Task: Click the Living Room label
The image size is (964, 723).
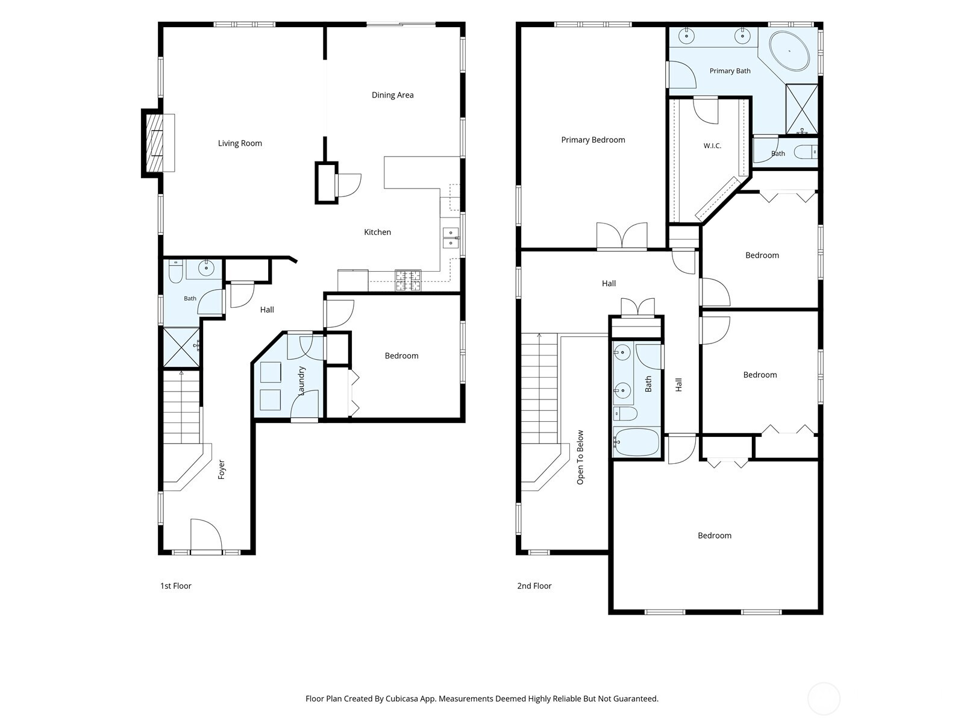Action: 240,143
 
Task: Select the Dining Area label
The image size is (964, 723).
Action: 393,95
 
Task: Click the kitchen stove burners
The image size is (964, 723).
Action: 408,280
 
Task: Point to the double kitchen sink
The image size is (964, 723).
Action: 451,237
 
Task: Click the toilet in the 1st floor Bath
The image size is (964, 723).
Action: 175,272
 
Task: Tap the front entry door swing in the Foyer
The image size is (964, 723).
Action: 206,534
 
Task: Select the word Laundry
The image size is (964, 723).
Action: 301,381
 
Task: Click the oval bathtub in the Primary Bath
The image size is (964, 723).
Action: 789,51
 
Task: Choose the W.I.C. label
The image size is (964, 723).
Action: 712,146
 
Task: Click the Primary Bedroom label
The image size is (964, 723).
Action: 593,140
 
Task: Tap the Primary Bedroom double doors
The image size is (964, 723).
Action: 622,236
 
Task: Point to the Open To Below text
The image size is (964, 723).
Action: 580,457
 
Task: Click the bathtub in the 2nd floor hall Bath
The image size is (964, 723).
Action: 637,442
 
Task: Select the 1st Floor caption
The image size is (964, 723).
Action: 176,586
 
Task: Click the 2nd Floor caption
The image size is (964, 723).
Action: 534,586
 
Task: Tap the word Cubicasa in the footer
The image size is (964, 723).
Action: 402,698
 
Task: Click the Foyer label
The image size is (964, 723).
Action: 222,469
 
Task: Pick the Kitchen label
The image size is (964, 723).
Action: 377,232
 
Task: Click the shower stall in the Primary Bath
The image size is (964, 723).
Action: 802,109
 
